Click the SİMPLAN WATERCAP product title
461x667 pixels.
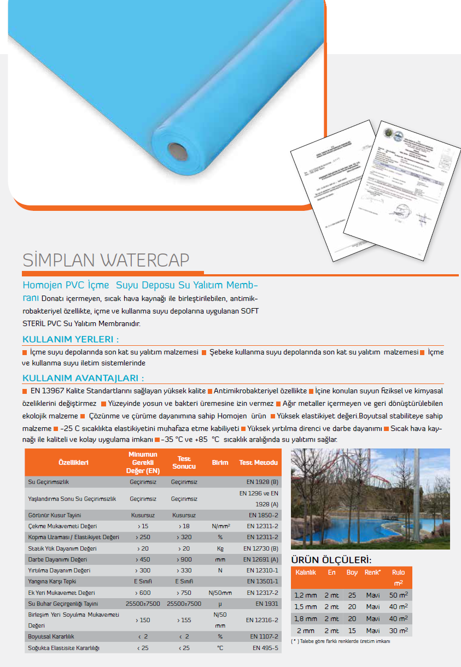106,259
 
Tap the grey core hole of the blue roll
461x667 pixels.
176,149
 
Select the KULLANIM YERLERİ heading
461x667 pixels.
71,339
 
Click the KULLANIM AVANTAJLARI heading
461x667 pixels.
83,378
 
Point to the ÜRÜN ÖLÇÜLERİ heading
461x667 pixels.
331,560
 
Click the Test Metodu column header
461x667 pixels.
258,463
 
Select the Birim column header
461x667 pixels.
220,463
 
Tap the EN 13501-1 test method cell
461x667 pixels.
264,581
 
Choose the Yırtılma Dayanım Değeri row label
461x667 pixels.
60,570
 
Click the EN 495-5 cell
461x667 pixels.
265,648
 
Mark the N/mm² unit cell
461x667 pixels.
220,526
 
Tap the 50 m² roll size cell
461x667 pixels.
398,595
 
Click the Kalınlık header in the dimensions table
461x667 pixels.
306,572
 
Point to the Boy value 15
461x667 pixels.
352,630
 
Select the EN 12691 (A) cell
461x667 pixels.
263,559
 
